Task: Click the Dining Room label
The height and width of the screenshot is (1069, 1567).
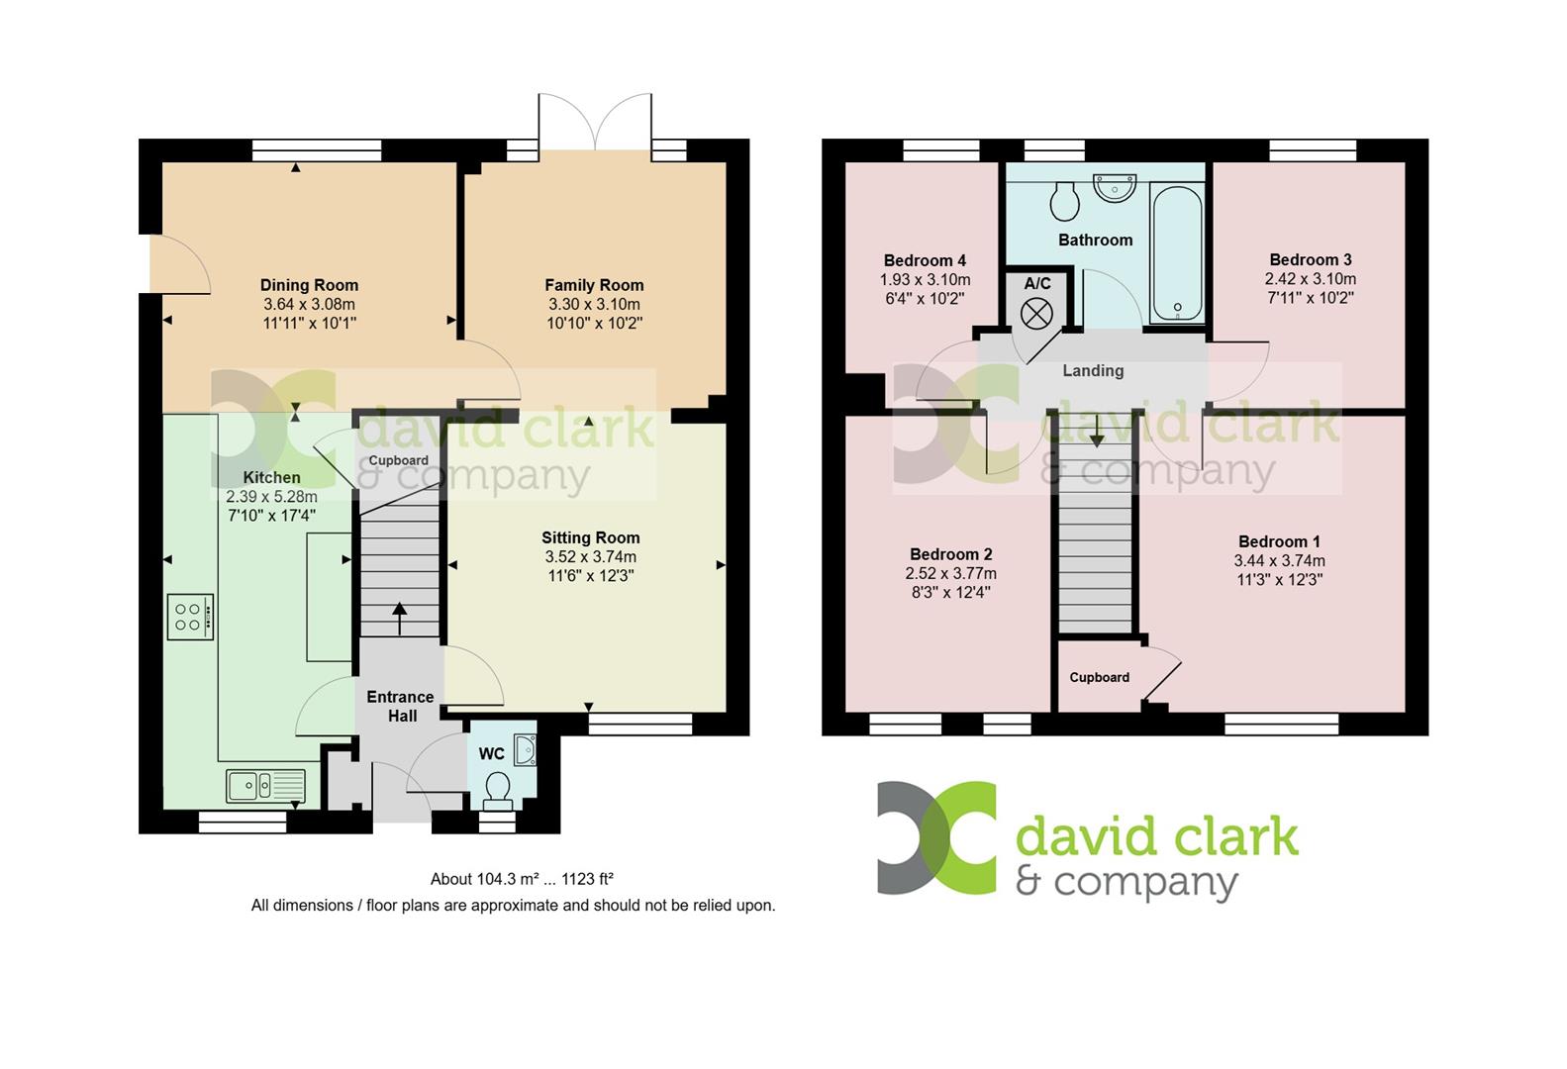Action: [309, 285]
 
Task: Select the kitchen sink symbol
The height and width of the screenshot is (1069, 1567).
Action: [265, 786]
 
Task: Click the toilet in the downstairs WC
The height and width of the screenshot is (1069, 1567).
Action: [497, 788]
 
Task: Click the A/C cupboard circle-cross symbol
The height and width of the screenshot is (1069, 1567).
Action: [1036, 315]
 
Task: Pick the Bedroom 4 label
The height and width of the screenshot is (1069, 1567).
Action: [925, 261]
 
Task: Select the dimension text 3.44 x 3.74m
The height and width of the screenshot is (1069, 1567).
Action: [1279, 560]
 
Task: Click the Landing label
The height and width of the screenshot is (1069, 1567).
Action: [1093, 370]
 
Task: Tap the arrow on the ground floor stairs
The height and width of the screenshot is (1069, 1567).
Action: [400, 618]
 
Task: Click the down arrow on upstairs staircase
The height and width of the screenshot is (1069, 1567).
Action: [1096, 433]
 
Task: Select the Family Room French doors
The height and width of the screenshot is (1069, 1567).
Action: [594, 123]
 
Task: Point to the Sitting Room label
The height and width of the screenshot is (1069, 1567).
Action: [590, 537]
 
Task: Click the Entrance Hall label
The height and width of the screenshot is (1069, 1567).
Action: [401, 706]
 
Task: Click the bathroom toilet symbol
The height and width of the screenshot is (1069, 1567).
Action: [1064, 201]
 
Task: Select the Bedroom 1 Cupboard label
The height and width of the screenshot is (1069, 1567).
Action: [1099, 677]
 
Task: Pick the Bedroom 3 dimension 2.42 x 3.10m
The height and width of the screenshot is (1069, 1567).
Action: [1310, 279]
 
